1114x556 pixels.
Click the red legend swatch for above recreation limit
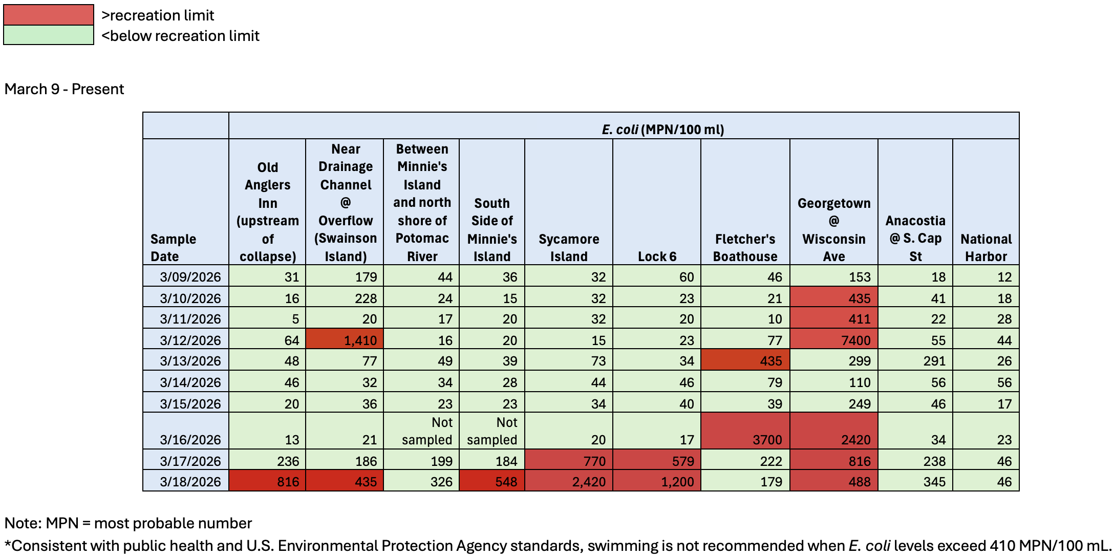point(48,15)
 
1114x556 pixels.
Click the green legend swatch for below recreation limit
point(48,35)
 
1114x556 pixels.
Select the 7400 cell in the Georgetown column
point(833,340)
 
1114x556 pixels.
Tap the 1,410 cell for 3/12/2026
point(345,340)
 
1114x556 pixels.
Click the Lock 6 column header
point(657,256)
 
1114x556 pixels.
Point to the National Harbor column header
point(986,247)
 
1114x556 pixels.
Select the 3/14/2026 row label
point(190,382)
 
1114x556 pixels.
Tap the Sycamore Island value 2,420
point(568,482)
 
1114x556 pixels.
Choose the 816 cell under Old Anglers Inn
point(267,482)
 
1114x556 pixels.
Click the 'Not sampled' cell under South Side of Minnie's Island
point(492,431)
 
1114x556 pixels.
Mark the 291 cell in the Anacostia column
point(915,361)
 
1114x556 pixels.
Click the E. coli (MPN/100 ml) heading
point(662,129)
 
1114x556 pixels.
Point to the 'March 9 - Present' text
point(64,89)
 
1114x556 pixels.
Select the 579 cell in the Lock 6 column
point(657,461)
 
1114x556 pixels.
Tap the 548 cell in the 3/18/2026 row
point(492,482)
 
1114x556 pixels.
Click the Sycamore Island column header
point(568,247)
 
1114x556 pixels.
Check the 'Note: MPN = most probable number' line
point(128,523)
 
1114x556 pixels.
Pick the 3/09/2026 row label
point(190,277)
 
